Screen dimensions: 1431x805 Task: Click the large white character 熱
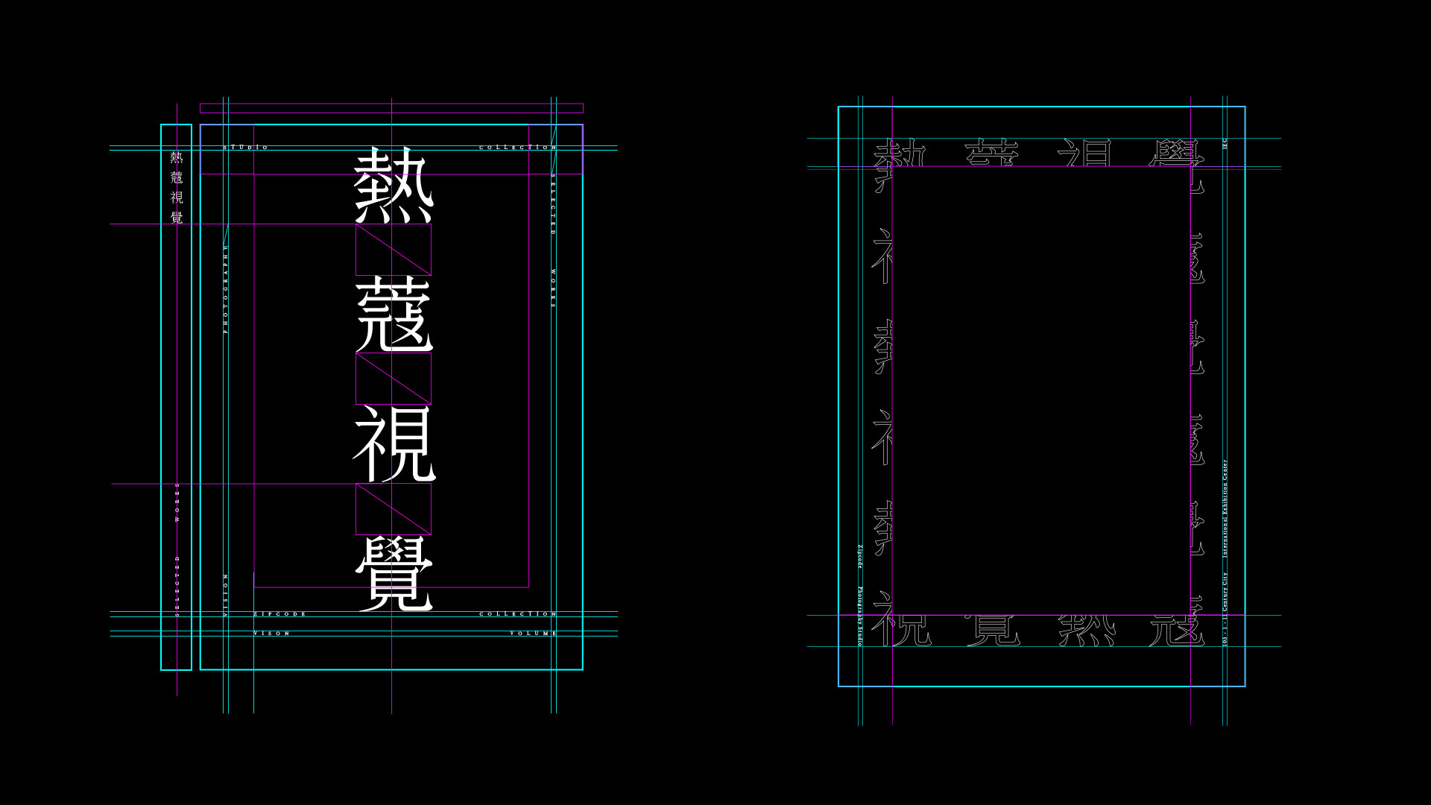(393, 184)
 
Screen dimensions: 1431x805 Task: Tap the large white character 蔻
(394, 314)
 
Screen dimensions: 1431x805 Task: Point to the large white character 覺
(394, 574)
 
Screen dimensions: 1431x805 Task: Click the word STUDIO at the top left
(246, 148)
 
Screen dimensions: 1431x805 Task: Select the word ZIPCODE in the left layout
(280, 614)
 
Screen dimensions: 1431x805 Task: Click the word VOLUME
(533, 634)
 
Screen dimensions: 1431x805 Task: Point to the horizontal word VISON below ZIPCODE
(272, 634)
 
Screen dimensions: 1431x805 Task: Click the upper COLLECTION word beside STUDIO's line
(517, 148)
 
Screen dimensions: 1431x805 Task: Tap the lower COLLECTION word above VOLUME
(517, 614)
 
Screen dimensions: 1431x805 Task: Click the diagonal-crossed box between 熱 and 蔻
(394, 250)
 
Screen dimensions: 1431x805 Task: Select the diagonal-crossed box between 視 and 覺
(394, 509)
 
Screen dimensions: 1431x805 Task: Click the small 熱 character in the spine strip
(177, 157)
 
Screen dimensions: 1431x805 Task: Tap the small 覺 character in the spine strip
(177, 218)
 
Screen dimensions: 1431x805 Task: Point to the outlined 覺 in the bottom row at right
(994, 631)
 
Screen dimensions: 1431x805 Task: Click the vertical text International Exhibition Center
(1225, 508)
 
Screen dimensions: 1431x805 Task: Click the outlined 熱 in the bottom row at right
(1087, 631)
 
